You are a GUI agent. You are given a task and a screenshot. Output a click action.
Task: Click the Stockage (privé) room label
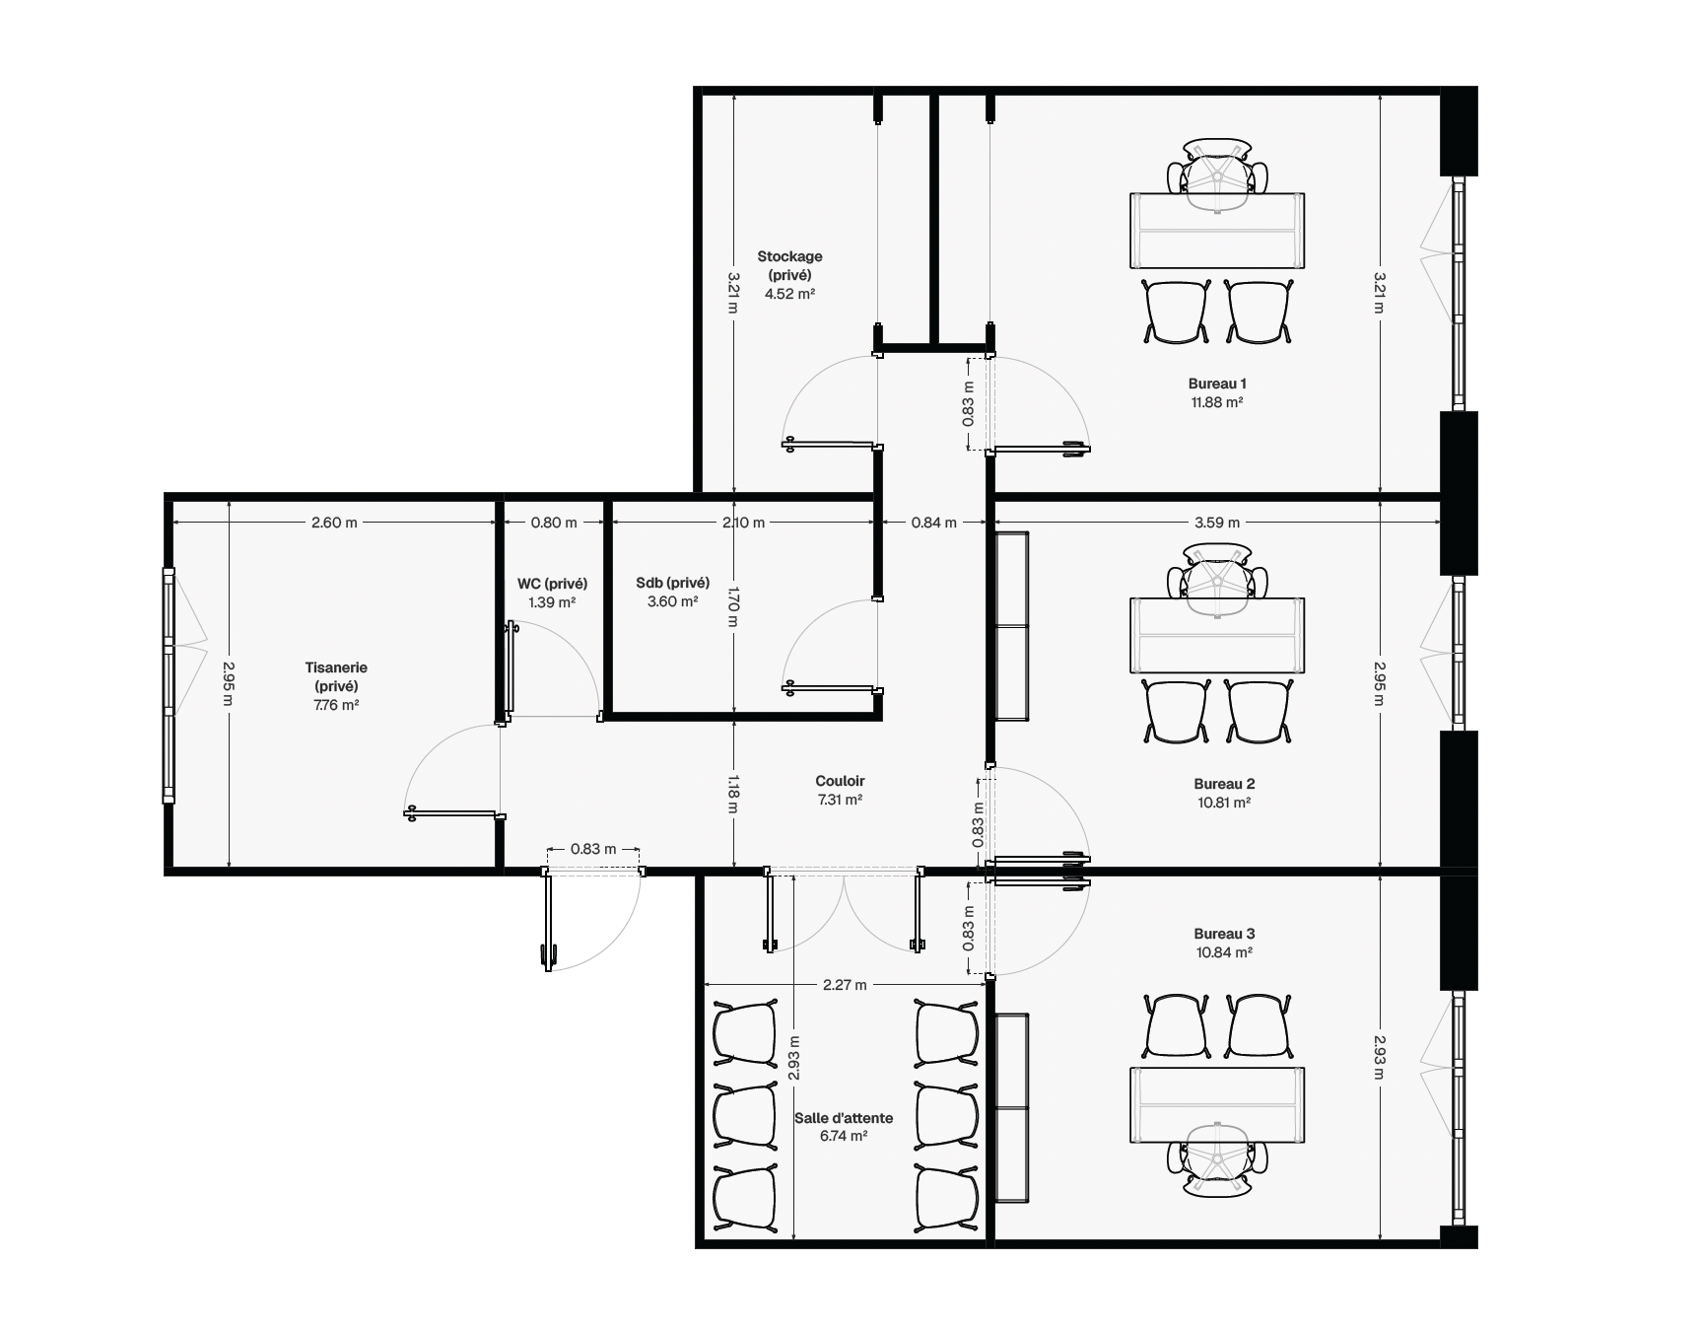coord(789,266)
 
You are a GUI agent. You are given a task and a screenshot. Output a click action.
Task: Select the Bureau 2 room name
coord(1224,784)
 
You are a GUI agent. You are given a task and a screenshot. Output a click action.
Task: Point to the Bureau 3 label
coord(1224,934)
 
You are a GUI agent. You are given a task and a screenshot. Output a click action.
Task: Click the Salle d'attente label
coord(844,1118)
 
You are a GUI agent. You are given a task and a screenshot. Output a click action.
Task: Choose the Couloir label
coord(840,781)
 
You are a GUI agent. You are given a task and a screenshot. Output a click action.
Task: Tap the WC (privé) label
coord(552,584)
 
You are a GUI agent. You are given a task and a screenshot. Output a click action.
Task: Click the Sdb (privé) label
coord(673,583)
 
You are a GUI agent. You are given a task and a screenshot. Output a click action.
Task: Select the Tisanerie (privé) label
coord(336,676)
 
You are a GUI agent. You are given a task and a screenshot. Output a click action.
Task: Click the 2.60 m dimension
coord(334,523)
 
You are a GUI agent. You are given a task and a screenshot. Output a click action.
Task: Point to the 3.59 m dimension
coord(1217,523)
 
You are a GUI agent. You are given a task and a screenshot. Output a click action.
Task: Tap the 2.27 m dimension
coord(846,985)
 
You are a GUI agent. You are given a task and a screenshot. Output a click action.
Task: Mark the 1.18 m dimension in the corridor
coord(733,793)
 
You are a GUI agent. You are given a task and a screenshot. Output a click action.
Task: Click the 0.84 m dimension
coord(933,523)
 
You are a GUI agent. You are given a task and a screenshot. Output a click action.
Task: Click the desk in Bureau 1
coord(1216,231)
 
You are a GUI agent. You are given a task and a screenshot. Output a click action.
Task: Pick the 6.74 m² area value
coord(844,1136)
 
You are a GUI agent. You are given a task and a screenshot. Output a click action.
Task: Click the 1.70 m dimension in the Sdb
coord(733,608)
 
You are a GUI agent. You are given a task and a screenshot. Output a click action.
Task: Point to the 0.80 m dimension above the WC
coord(554,523)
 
